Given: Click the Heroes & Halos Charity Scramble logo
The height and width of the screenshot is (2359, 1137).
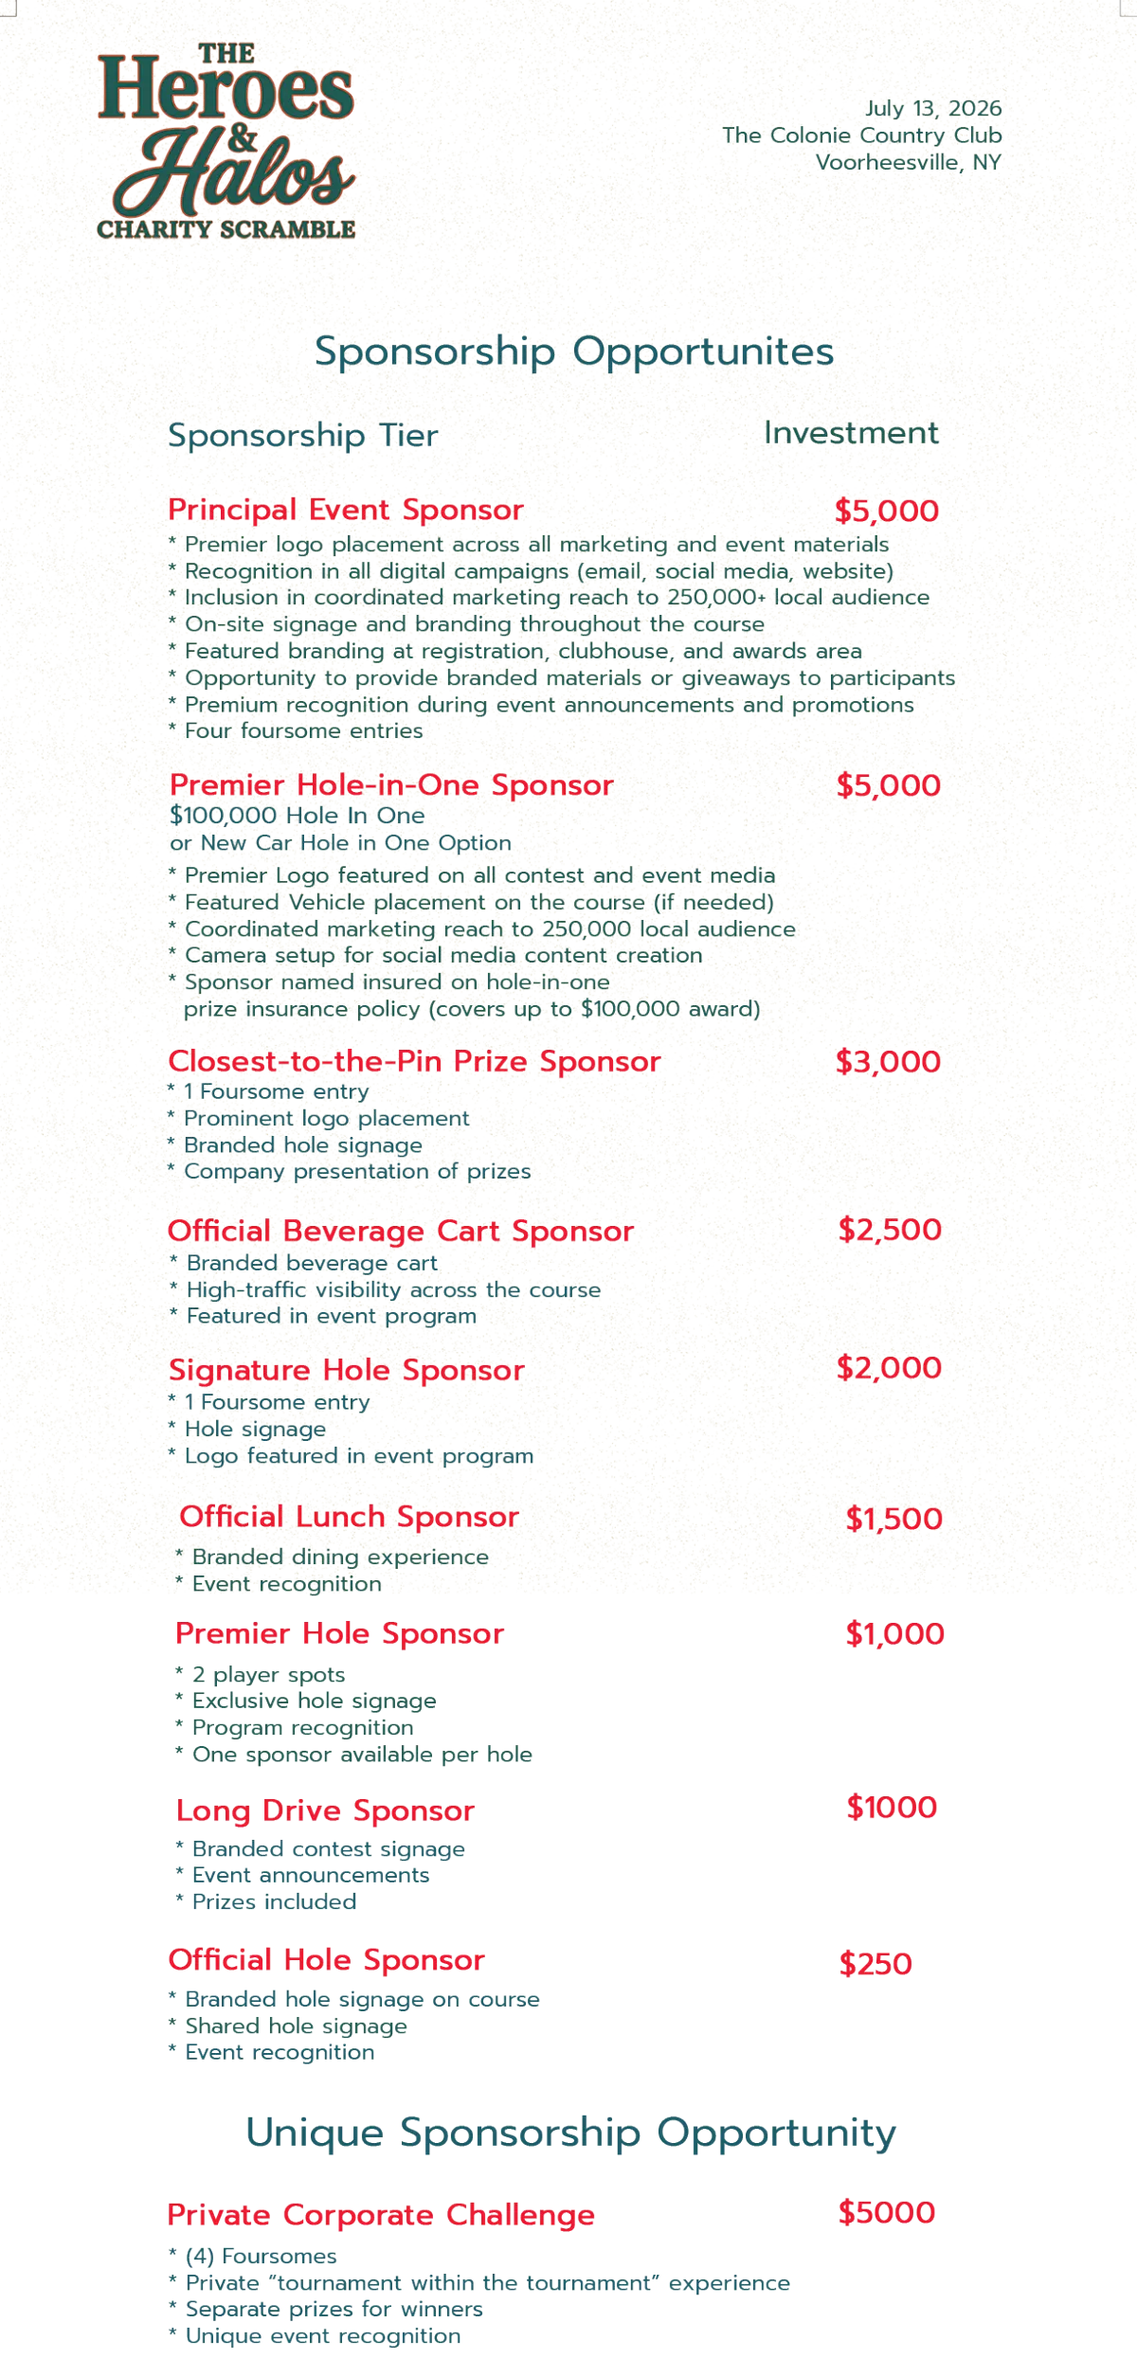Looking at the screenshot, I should (226, 140).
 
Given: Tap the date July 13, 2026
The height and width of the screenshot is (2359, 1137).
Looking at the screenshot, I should (932, 109).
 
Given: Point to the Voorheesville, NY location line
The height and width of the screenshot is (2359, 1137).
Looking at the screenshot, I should (908, 163).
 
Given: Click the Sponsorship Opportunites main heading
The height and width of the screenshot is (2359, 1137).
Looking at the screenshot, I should (573, 351).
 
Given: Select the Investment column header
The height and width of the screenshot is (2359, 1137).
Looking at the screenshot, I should (851, 433).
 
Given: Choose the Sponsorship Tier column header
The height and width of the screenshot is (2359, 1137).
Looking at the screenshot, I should (302, 435).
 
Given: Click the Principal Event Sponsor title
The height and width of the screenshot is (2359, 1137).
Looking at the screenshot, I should (345, 510).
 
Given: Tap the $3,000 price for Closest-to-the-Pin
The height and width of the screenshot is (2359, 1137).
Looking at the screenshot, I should (888, 1062).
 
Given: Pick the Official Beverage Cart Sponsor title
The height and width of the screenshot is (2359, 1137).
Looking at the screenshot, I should (400, 1231).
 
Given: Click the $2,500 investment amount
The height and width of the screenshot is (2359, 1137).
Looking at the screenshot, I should (889, 1230).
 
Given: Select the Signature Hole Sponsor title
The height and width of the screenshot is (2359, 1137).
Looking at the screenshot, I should (346, 1370).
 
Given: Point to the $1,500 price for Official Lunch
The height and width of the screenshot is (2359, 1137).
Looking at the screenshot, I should (894, 1519).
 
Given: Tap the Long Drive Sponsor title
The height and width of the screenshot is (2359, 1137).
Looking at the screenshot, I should (325, 1810).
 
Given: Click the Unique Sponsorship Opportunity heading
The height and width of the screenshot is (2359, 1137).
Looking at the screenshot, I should (569, 2134).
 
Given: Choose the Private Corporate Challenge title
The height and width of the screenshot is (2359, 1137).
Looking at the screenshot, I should (381, 2215).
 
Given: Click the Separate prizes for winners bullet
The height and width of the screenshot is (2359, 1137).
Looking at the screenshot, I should (334, 2310).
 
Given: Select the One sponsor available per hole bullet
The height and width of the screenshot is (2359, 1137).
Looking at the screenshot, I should (363, 1756).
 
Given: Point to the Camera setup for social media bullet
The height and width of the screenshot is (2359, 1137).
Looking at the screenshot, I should (442, 955).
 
